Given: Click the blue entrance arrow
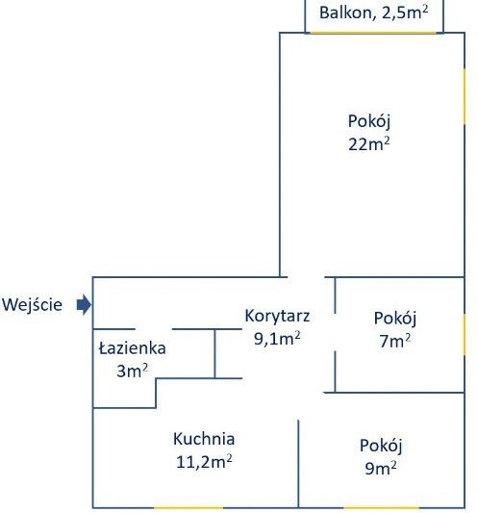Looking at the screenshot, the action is pyautogui.click(x=84, y=305).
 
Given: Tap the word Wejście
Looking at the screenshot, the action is pyautogui.click(x=32, y=305).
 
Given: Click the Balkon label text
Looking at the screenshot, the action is pyautogui.click(x=373, y=13).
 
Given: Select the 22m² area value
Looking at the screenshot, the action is pyautogui.click(x=369, y=144).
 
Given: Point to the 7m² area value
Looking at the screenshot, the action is pyautogui.click(x=395, y=341).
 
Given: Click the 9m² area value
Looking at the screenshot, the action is pyautogui.click(x=381, y=468).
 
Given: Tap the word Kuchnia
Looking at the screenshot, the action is pyautogui.click(x=204, y=439).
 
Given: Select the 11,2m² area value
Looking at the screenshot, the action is pyautogui.click(x=204, y=462).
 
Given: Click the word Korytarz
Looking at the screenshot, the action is pyautogui.click(x=277, y=316).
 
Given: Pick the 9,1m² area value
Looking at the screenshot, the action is pyautogui.click(x=277, y=339).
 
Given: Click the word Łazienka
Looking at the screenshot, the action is pyautogui.click(x=132, y=348).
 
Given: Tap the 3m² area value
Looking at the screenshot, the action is pyautogui.click(x=132, y=371).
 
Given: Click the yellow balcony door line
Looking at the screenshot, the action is pyautogui.click(x=373, y=33).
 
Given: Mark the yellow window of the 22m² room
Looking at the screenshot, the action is pyautogui.click(x=465, y=96).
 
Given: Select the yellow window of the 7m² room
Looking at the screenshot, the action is pyautogui.click(x=465, y=334).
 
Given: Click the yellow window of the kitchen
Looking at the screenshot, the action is pyautogui.click(x=189, y=508).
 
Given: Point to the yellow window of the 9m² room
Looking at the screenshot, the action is pyautogui.click(x=382, y=508).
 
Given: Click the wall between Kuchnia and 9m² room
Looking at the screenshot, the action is pyautogui.click(x=298, y=464).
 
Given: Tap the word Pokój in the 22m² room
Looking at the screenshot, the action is pyautogui.click(x=369, y=121).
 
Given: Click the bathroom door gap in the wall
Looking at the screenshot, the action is pyautogui.click(x=154, y=329).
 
